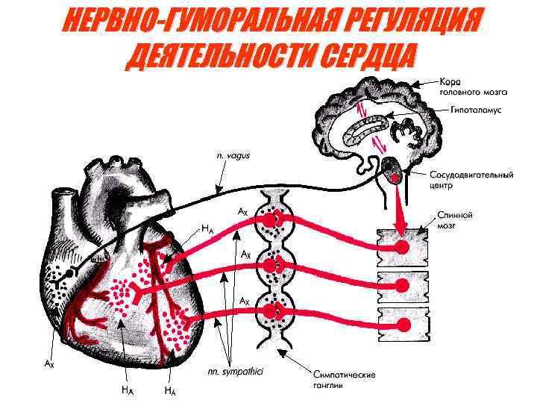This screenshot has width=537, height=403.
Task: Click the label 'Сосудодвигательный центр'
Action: point(471,180)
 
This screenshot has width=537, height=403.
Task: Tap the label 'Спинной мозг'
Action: point(456,219)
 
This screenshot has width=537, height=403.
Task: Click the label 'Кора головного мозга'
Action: point(473,87)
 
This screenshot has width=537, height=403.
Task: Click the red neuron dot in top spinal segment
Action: point(403,247)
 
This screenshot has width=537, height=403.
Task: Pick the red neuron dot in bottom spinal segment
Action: point(403,325)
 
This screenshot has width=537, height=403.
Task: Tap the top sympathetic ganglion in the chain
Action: point(275,219)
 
